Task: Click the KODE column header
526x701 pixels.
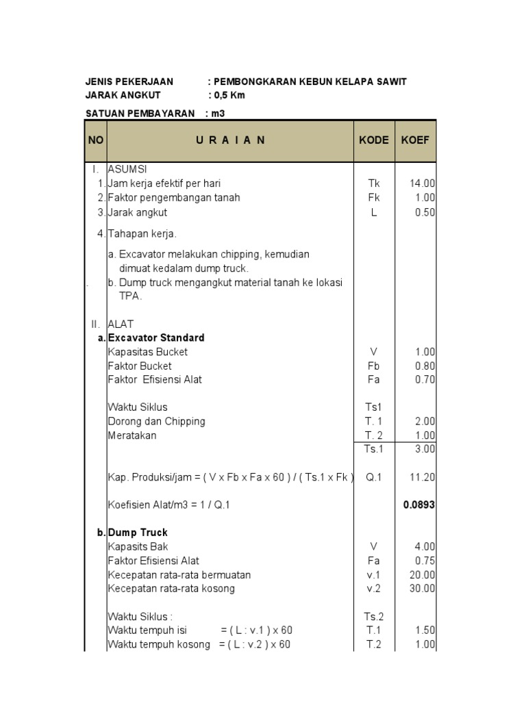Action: (x=374, y=140)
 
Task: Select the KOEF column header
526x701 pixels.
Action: (x=415, y=140)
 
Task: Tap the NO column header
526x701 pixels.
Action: (x=95, y=140)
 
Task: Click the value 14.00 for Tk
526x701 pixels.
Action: (x=423, y=183)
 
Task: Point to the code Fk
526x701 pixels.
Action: (x=374, y=198)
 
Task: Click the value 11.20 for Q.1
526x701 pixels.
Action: (x=423, y=477)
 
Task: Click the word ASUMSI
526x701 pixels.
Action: (x=127, y=169)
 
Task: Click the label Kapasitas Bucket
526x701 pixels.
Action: (x=147, y=352)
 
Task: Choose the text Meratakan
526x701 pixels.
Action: (x=132, y=435)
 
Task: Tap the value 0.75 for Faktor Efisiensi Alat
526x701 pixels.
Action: (x=425, y=561)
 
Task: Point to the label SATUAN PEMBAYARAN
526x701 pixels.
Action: (x=140, y=113)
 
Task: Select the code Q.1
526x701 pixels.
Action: (x=374, y=477)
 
